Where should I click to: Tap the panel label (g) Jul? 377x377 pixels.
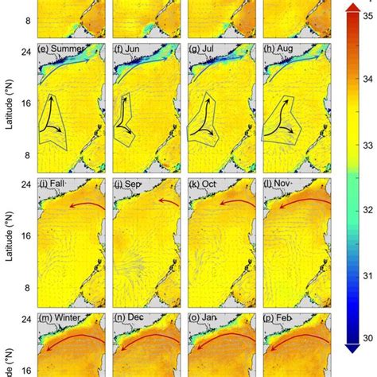(x=205, y=50)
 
